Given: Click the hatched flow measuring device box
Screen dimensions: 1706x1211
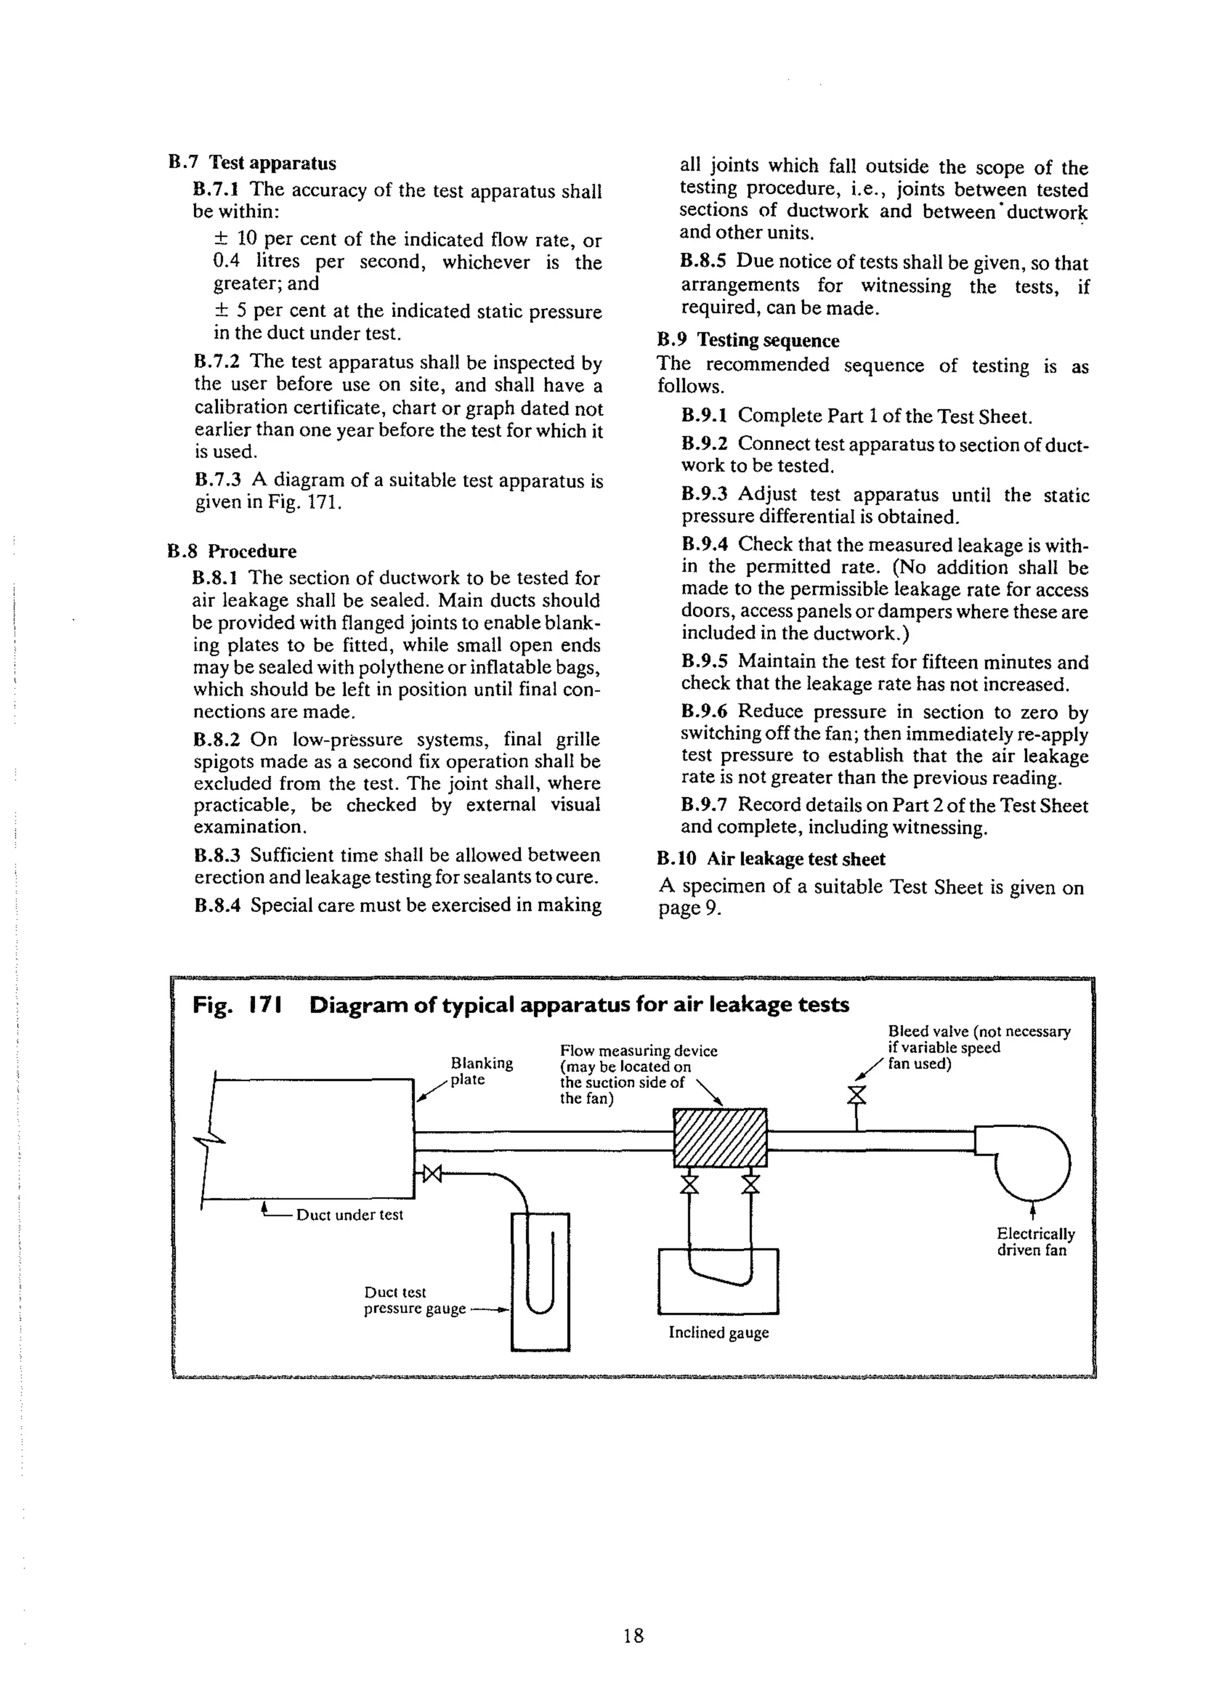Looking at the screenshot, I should point(720,1138).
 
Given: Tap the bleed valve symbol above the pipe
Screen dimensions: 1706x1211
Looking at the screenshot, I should point(857,1095).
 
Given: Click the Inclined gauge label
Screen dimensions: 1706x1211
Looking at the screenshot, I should point(718,1332).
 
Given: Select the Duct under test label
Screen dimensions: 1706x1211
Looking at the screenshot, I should point(349,1215).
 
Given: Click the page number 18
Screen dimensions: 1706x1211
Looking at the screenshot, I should point(633,1636).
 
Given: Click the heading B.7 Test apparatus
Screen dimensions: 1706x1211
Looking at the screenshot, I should point(252,163).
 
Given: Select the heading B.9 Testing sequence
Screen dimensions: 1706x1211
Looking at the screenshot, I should point(747,340).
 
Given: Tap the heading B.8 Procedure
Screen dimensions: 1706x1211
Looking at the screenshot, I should point(232,551).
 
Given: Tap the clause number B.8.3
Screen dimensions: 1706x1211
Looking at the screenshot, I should point(217,854).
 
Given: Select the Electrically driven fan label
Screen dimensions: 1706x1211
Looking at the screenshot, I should point(1035,1241).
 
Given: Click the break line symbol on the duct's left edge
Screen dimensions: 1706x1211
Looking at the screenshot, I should point(209,1138).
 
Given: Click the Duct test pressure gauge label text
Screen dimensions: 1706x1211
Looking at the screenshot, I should point(414,1300).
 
